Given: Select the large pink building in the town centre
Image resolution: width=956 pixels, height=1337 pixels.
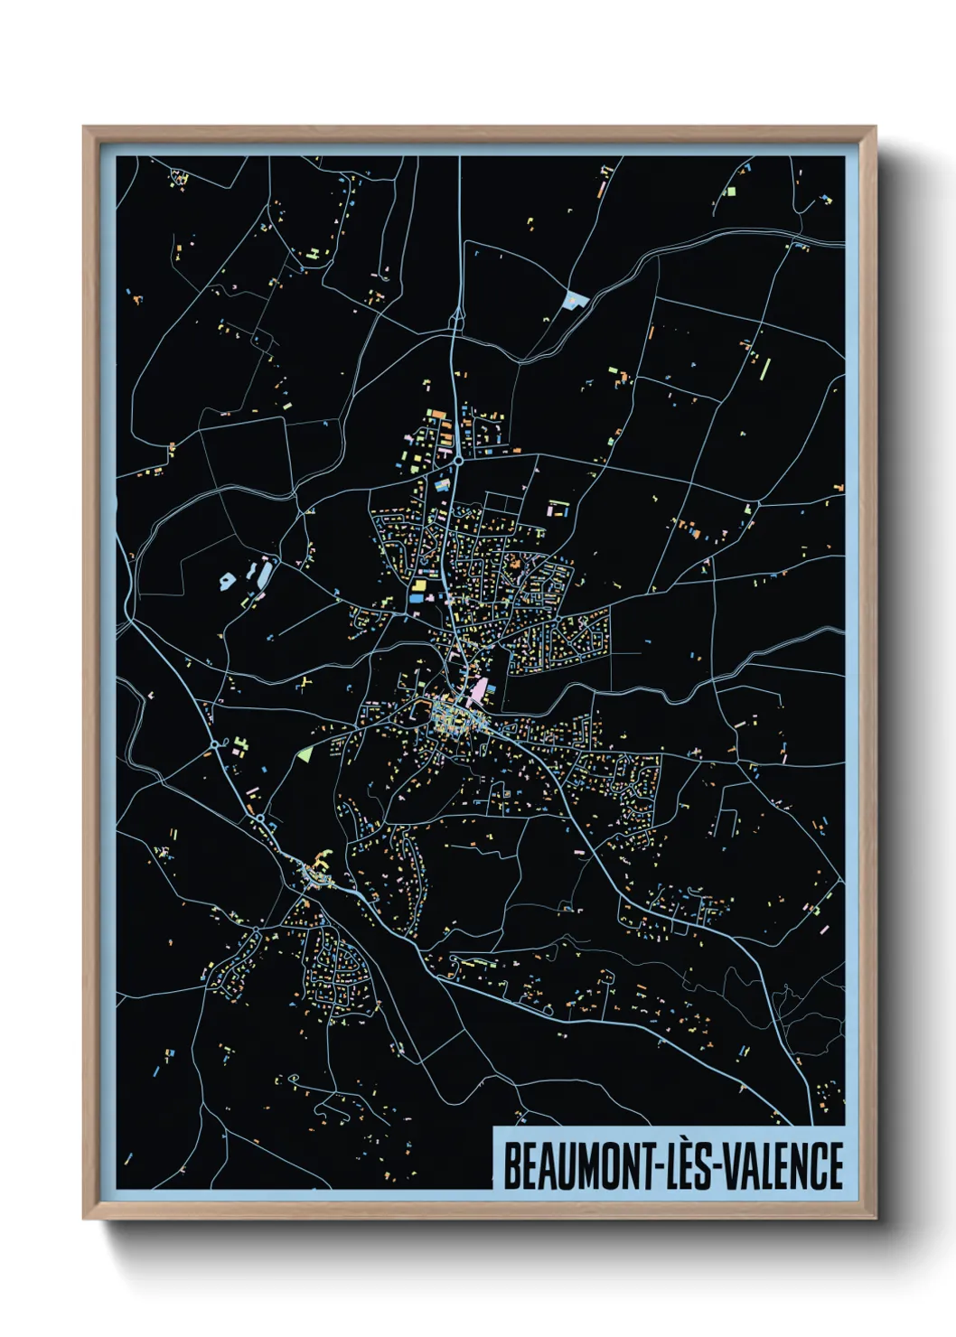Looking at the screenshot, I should [x=476, y=694].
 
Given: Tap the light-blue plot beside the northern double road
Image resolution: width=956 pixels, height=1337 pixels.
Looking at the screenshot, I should [x=573, y=301].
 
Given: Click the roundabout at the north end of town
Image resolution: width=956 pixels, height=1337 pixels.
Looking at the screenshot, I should [x=459, y=461].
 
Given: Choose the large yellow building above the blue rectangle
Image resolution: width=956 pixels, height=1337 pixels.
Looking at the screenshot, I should [x=418, y=586].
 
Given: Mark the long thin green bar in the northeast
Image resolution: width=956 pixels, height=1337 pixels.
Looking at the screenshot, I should [x=766, y=369].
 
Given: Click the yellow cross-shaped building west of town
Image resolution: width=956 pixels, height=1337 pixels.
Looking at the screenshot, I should [x=303, y=682].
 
